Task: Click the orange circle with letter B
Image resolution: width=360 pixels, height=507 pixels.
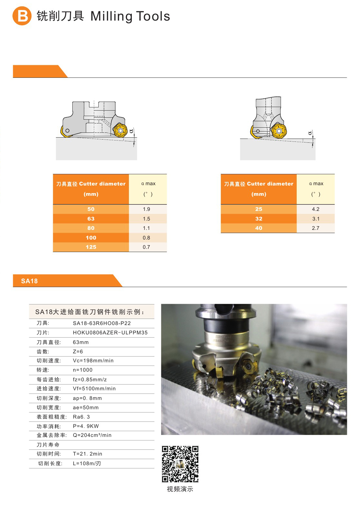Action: point(22,16)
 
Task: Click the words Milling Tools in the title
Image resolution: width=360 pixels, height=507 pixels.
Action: point(130,16)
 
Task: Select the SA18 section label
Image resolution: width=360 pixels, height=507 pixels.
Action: point(30,281)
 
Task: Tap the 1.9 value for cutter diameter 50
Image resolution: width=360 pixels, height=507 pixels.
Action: point(146,209)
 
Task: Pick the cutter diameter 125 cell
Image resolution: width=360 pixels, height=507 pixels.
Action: point(91,247)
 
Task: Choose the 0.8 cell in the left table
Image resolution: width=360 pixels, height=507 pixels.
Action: point(146,238)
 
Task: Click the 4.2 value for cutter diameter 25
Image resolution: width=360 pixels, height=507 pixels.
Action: point(316,209)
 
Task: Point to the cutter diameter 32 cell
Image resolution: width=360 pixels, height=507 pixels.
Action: point(259,219)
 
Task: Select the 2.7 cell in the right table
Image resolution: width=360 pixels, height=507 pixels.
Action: point(316,228)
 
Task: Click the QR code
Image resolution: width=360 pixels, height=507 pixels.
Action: point(180,464)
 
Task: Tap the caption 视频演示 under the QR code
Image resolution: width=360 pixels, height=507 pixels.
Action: point(180,489)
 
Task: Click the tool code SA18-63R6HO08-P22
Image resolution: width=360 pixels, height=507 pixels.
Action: point(102,323)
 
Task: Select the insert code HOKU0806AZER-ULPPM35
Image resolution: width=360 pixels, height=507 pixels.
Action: point(110,332)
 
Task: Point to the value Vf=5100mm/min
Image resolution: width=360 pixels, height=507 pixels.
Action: point(94,389)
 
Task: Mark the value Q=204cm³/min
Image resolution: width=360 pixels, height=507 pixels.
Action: point(92,435)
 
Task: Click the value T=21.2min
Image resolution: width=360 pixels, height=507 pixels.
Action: point(87,454)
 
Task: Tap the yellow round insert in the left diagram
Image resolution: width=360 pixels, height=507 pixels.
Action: point(120,131)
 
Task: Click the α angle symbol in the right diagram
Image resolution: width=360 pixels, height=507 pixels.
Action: point(310,133)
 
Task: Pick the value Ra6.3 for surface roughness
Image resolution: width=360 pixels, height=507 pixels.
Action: point(81,417)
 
